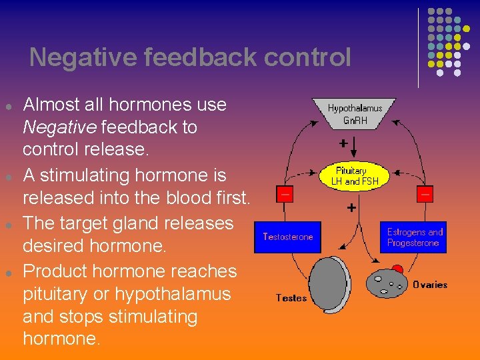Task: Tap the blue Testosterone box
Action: click(287, 237)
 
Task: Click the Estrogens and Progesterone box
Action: click(414, 237)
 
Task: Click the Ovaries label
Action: click(430, 285)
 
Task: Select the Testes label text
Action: click(291, 298)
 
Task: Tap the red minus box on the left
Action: click(285, 193)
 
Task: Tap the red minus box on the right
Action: click(425, 193)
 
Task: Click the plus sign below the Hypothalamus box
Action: click(343, 143)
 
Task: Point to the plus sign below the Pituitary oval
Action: click(351, 208)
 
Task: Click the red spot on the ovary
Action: click(397, 270)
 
